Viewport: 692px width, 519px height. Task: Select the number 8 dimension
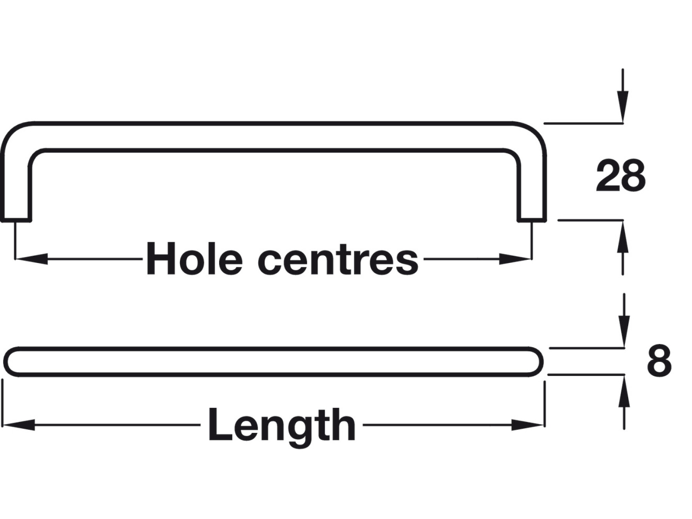(659, 361)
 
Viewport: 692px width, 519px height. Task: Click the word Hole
(195, 259)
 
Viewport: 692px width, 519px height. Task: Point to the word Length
(282, 426)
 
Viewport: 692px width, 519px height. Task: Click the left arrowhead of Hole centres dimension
(31, 259)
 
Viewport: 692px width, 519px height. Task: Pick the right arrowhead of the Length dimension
(529, 425)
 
